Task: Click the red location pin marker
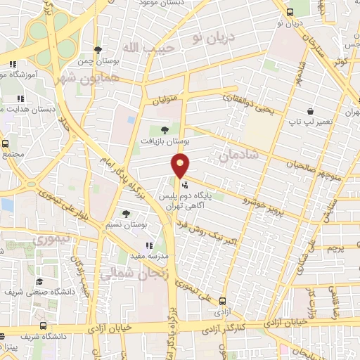pyautogui.click(x=181, y=167)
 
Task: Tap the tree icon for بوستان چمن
pyautogui.click(x=98, y=49)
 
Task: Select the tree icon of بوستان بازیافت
pyautogui.click(x=165, y=129)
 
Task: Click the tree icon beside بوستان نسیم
pyautogui.click(x=127, y=214)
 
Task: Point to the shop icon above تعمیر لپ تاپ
pyautogui.click(x=310, y=111)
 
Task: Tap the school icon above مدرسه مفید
pyautogui.click(x=149, y=245)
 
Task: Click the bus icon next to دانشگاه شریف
pyautogui.click(x=44, y=326)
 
